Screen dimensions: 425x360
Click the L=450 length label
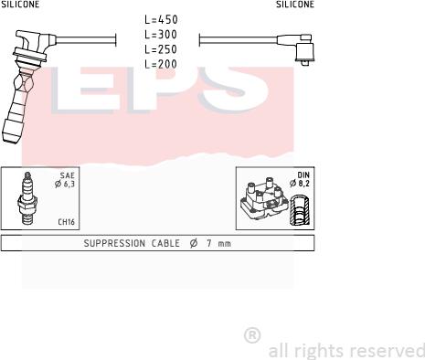click(x=161, y=19)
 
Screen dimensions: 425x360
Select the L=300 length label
click(x=161, y=35)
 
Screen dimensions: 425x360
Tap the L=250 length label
click(x=161, y=49)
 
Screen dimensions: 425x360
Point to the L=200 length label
click(x=161, y=64)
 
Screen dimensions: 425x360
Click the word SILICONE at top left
click(x=20, y=4)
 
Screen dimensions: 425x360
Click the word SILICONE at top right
click(x=295, y=4)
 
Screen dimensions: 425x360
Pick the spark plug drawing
click(x=27, y=198)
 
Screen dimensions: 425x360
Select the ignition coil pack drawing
click(x=264, y=198)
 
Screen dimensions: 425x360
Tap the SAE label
click(x=67, y=175)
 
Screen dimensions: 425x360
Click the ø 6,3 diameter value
click(x=65, y=184)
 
